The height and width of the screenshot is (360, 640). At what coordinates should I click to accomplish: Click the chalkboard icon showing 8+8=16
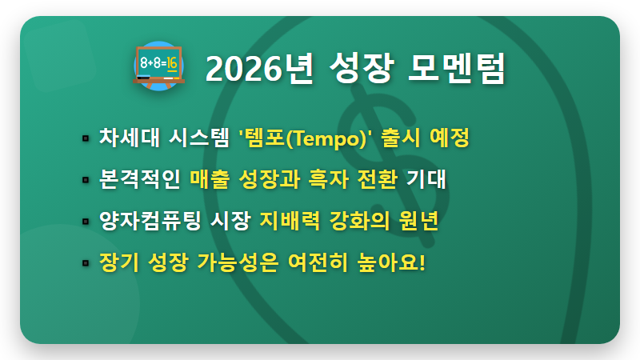pyautogui.click(x=158, y=66)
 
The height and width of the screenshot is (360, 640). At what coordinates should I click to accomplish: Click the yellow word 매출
pyautogui.click(x=210, y=178)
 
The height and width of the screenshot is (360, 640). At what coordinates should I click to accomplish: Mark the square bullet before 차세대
pyautogui.click(x=85, y=138)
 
